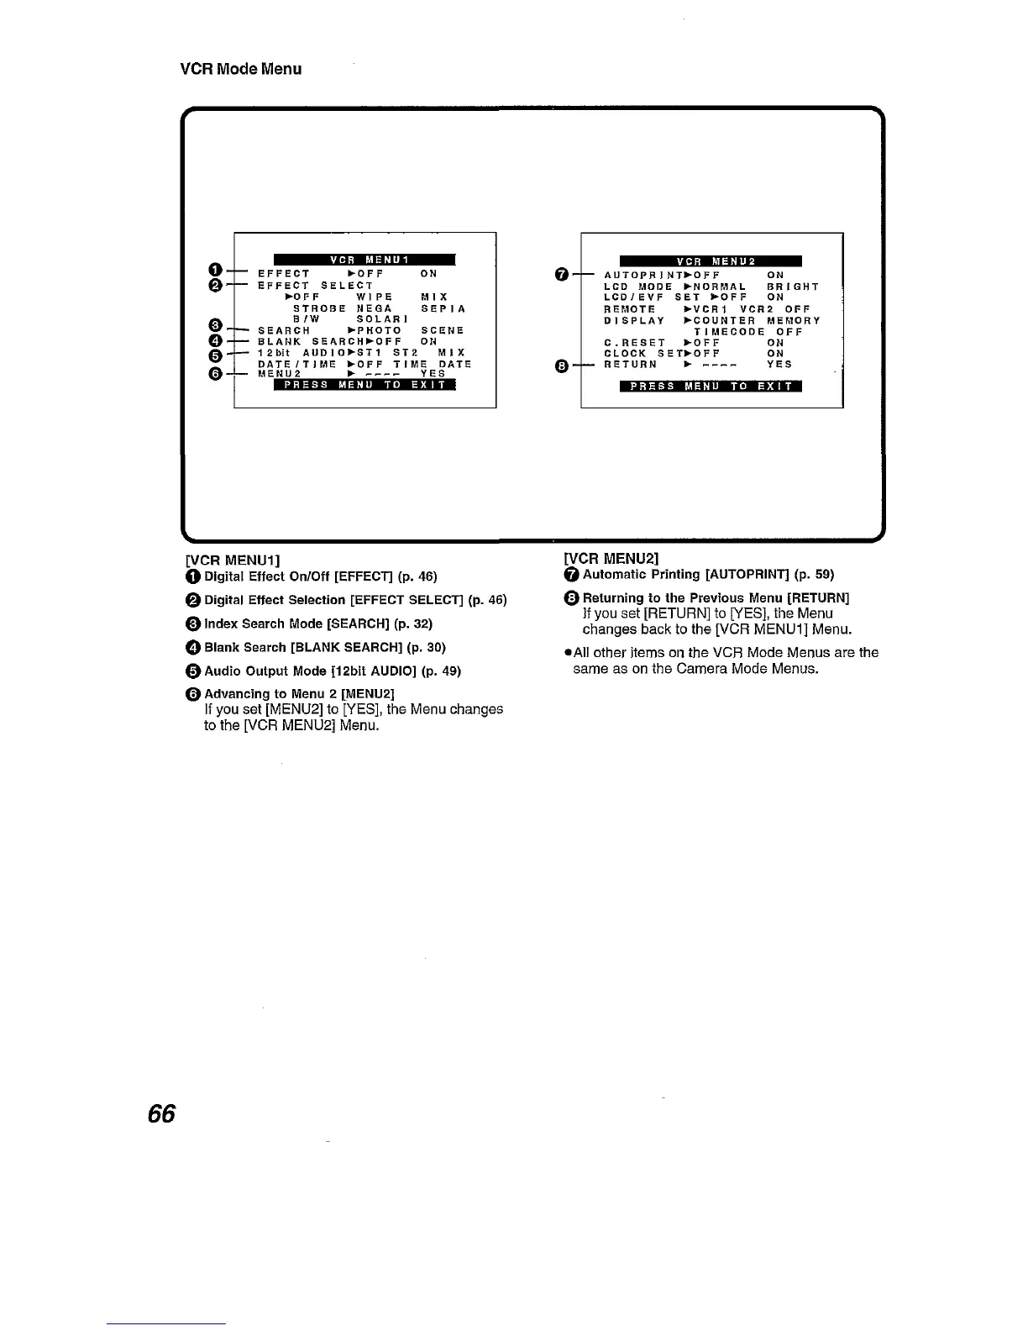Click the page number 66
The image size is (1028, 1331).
161,1113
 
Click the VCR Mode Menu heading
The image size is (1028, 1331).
241,69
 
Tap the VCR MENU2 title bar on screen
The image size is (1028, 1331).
710,260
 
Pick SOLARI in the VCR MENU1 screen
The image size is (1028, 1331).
382,319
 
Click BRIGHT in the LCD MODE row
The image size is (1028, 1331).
793,287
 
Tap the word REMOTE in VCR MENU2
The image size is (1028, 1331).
629,309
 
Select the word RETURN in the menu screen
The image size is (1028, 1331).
630,365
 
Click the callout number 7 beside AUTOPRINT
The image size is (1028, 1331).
562,274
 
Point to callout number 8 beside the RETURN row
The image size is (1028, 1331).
562,366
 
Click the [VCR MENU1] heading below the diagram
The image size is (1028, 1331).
232,560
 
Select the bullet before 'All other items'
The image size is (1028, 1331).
567,653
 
